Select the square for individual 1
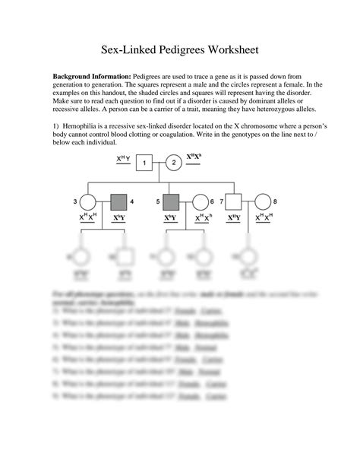click(146, 162)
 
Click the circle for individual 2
click(173, 162)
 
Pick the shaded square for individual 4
click(119, 202)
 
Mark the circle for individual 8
click(262, 202)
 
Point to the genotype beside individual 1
click(123, 159)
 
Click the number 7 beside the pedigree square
click(219, 201)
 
